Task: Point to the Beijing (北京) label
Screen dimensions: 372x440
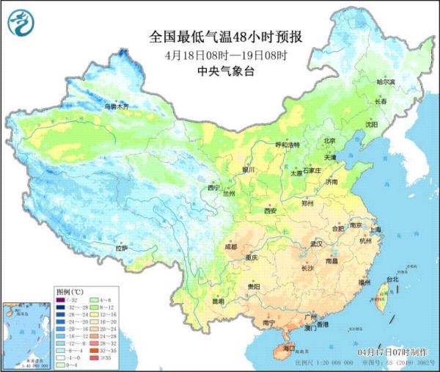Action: [x=330, y=141]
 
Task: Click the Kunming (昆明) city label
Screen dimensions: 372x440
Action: [x=215, y=301]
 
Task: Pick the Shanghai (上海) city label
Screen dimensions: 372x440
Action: [x=376, y=229]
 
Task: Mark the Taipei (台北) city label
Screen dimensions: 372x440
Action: [x=392, y=279]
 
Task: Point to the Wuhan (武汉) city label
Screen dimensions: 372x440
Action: [x=317, y=243]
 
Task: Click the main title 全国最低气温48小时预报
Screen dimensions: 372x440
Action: [x=221, y=37]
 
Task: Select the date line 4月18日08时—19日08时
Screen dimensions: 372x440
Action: [x=221, y=55]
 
